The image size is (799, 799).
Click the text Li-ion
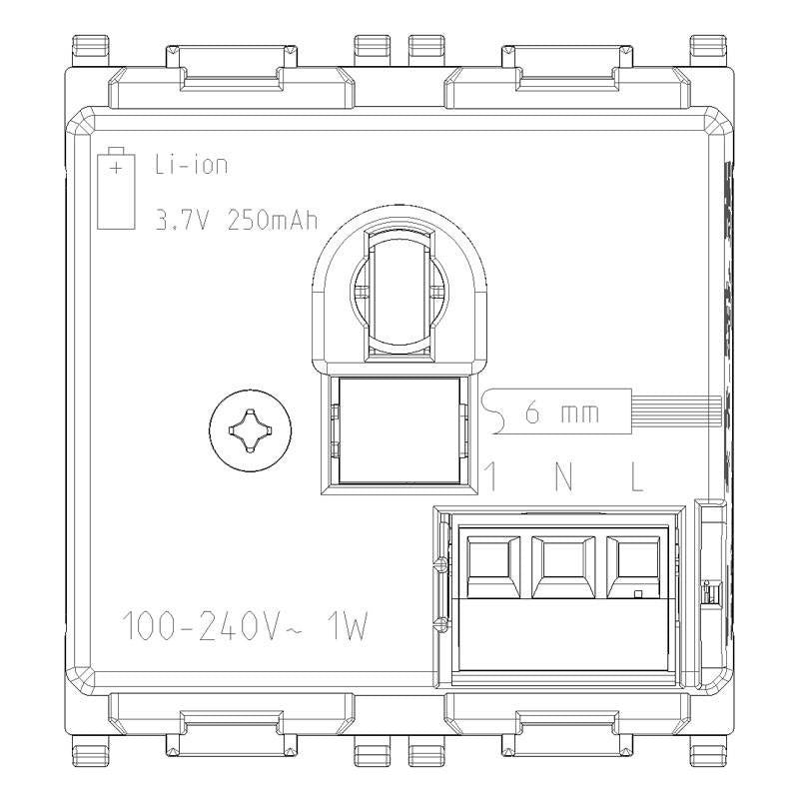click(191, 165)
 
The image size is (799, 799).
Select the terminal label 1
click(489, 477)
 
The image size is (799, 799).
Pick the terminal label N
click(563, 477)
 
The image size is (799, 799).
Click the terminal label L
click(636, 477)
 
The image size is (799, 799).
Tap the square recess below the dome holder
click(398, 432)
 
